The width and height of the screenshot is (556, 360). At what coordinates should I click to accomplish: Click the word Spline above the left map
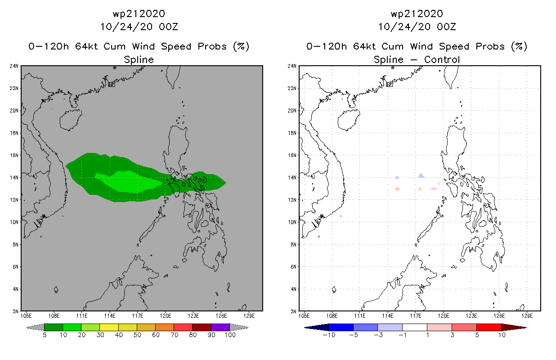point(139,59)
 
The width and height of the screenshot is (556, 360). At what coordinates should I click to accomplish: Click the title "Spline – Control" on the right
point(417,59)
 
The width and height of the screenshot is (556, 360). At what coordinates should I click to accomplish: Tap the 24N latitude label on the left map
point(14,66)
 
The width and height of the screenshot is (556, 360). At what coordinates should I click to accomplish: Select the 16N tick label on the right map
point(292,155)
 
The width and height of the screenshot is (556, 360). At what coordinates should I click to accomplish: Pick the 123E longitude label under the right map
point(471,315)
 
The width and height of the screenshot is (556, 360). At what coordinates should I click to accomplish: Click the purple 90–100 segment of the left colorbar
point(220,327)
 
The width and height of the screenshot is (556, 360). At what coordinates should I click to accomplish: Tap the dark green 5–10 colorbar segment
point(54,327)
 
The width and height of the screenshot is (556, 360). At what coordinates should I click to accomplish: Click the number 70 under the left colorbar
point(174,335)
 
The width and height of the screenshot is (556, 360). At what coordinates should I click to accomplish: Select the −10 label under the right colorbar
point(328,335)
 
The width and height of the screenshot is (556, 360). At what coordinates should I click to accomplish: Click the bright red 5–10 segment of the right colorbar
point(489,327)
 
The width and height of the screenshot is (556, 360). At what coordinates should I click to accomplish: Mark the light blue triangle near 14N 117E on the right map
point(421,175)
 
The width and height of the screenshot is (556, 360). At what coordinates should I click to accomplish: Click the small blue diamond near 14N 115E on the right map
point(397,178)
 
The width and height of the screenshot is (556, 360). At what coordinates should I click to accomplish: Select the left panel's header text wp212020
point(139,13)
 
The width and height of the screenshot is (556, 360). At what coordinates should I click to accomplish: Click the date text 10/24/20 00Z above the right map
point(417,27)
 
